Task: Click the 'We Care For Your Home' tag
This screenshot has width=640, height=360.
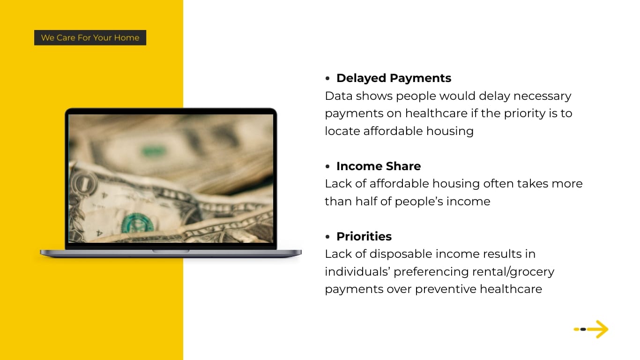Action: (90, 37)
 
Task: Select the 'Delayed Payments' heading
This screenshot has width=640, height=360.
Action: (394, 78)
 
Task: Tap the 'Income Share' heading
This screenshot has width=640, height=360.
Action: (378, 166)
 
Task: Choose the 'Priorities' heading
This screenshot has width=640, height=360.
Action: (364, 236)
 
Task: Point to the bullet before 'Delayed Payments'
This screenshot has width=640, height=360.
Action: (328, 78)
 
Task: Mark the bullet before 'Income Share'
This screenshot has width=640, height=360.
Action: (328, 166)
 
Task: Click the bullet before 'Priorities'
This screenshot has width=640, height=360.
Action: (328, 237)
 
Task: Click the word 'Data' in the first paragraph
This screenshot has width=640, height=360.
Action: (338, 96)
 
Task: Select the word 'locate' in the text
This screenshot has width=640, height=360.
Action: (342, 131)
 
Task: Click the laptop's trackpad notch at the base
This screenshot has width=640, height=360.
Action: (171, 251)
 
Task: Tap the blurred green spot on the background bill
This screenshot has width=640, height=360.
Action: (153, 151)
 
